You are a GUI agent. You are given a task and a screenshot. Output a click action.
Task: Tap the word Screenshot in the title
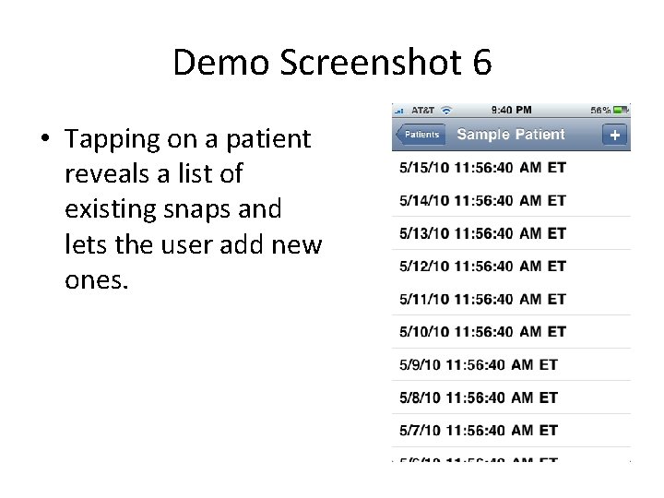coord(362,63)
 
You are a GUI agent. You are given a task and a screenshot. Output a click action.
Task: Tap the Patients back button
coord(421,135)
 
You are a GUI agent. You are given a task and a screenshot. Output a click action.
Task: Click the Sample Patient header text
coord(511,135)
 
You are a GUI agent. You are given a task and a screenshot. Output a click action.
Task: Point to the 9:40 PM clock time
coord(512,109)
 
